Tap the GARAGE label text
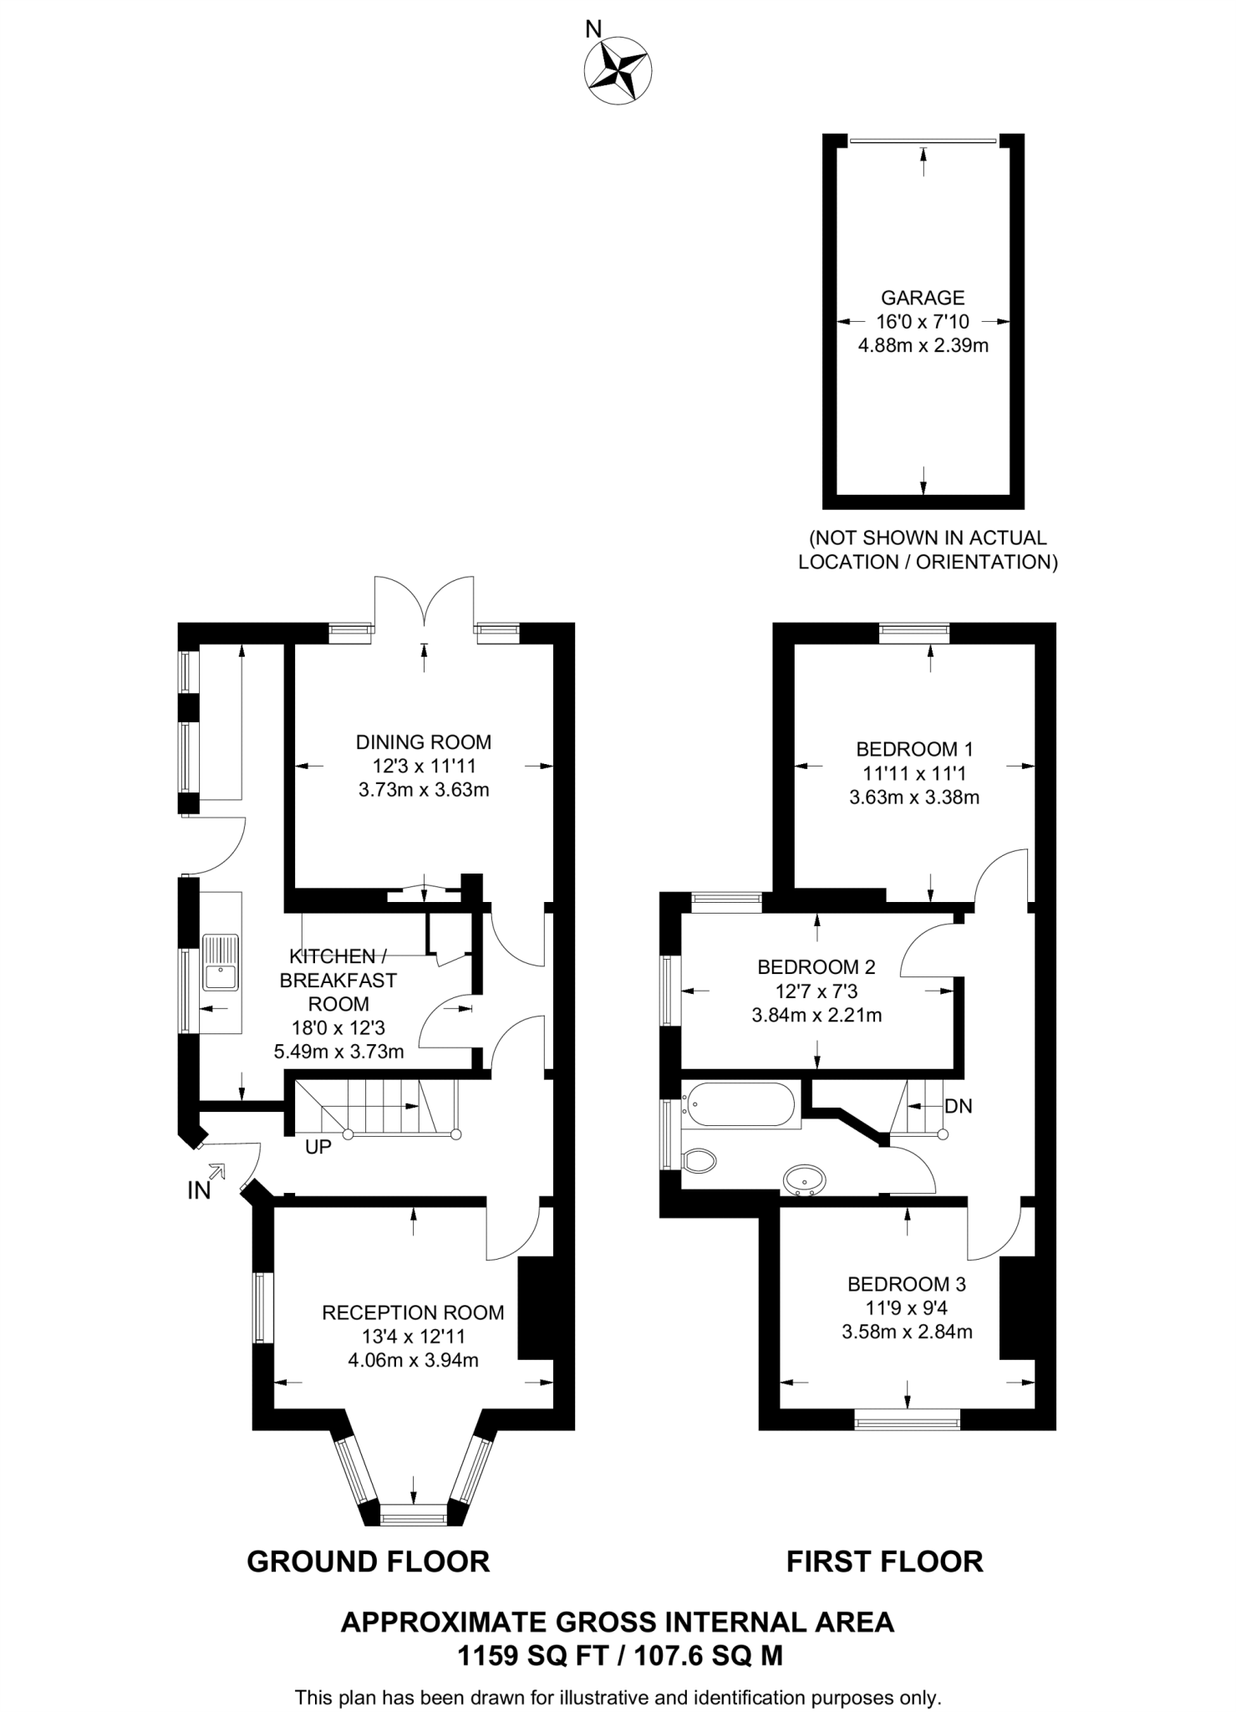pos(923,298)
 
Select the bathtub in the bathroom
pos(738,1105)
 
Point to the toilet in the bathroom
pos(699,1159)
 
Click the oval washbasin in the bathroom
pos(805,1180)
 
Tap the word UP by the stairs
pos(318,1148)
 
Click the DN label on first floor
pos(958,1106)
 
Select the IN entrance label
pos(199,1191)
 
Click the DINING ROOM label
pos(424,741)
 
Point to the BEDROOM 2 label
pos(816,967)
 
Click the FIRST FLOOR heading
pos(884,1562)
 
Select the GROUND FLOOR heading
pos(369,1562)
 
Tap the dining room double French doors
pos(425,602)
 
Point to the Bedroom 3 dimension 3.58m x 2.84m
pos(907,1332)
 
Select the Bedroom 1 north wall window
pos(914,633)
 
